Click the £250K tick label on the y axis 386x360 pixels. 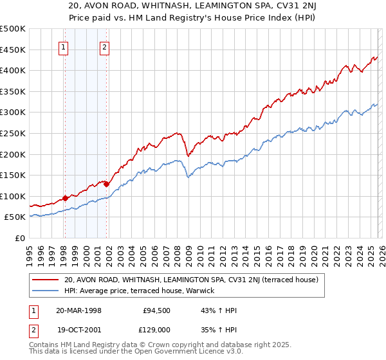[13, 133]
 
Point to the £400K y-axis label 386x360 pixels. [13, 70]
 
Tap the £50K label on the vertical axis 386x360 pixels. [15, 217]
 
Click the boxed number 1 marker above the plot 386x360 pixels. [64, 47]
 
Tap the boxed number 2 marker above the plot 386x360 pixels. [104, 47]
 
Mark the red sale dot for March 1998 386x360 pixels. [66, 198]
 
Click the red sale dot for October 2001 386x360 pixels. [106, 184]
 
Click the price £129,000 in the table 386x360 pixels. [156, 328]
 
